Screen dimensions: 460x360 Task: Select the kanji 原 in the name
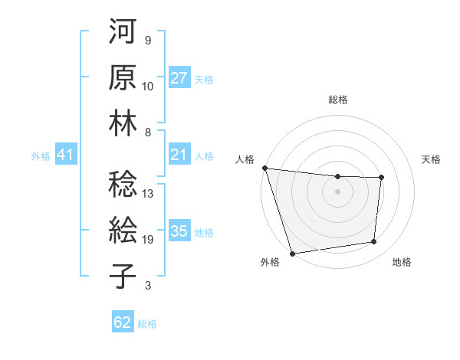coord(123,78)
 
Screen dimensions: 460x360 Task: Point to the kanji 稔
coord(123,185)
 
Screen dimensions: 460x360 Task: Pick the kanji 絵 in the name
coord(123,231)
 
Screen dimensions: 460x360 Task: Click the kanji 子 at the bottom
coord(123,276)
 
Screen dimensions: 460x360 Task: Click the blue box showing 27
coord(179,78)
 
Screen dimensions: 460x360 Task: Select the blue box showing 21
coord(179,155)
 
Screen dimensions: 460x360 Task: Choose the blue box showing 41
coord(66,155)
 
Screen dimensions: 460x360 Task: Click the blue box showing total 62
coord(123,322)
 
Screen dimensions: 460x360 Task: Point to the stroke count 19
coord(149,240)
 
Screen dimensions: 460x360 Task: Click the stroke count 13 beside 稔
coord(149,194)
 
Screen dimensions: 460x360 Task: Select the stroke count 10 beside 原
coord(149,87)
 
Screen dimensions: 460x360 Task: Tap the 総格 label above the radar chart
coord(337,100)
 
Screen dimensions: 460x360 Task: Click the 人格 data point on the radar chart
coord(264,168)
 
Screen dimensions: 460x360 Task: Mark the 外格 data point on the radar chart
coord(292,254)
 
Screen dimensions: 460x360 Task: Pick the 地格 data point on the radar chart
coord(374,242)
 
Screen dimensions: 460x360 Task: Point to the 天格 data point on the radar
coord(381,178)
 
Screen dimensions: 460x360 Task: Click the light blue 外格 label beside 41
coord(41,156)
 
